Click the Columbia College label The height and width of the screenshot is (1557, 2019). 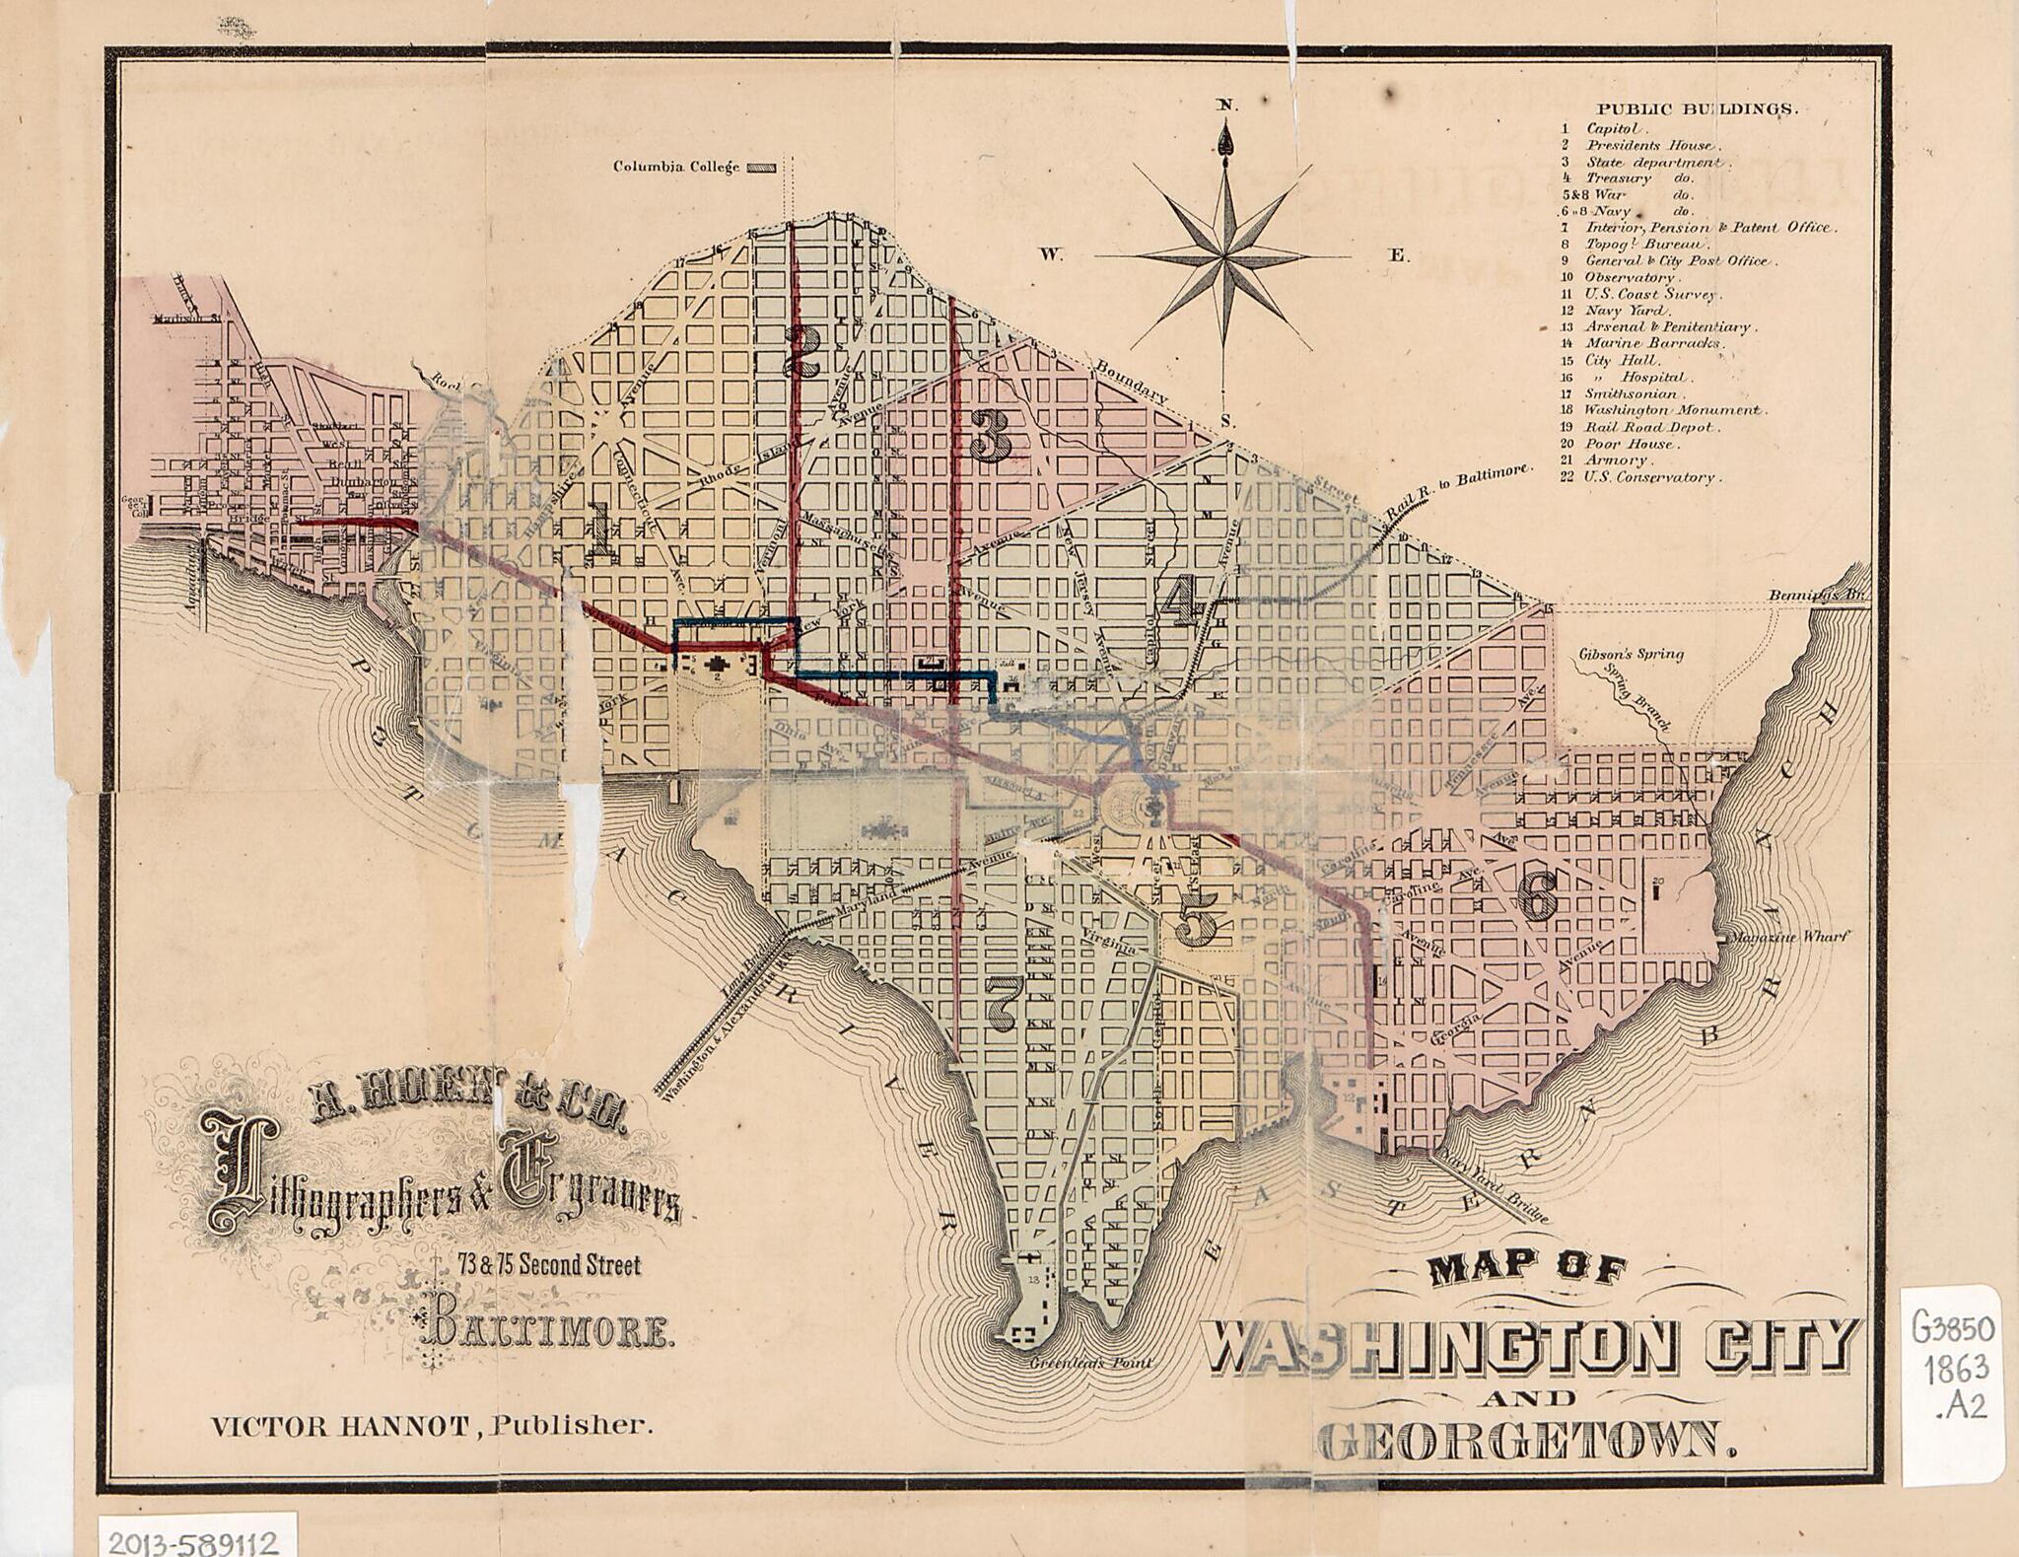[x=676, y=167]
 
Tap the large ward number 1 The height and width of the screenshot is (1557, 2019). [x=598, y=528]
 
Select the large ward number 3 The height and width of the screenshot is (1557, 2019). [x=990, y=437]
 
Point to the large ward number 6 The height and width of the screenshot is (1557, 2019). [x=1537, y=896]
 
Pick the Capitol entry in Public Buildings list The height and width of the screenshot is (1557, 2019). [x=1613, y=128]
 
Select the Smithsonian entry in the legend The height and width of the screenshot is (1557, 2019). [x=1631, y=393]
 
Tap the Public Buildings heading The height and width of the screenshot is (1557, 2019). [x=1697, y=109]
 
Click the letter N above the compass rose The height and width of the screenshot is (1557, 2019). [x=1224, y=105]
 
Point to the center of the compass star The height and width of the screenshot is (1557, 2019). [x=1225, y=257]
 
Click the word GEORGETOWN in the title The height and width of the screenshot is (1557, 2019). [x=1525, y=1443]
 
